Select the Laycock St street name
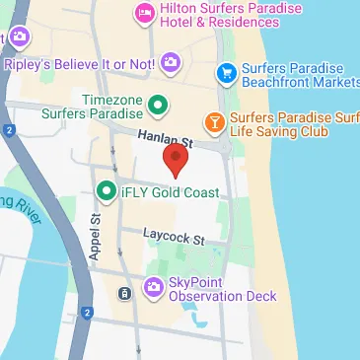172,239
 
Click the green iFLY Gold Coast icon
105,191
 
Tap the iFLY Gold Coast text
162,191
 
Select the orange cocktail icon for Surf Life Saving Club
212,123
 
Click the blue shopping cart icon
226,72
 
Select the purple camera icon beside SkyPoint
153,288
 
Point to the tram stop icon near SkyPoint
123,293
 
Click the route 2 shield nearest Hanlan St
7,130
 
